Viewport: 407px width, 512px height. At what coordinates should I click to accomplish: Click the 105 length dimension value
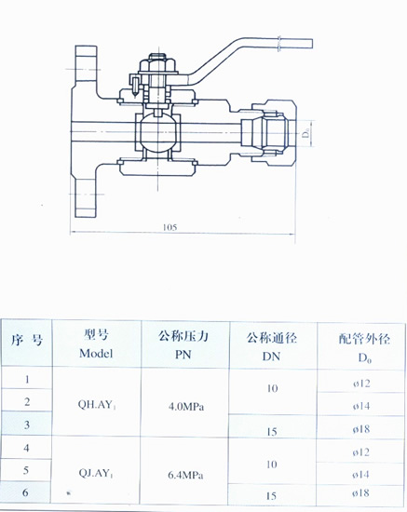coord(170,227)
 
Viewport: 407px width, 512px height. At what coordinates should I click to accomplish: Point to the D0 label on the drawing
coord(305,134)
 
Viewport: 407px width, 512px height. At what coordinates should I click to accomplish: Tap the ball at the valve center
coord(158,132)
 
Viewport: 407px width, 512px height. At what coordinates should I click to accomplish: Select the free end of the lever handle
coord(312,44)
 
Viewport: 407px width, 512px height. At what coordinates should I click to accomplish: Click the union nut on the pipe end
coord(274,132)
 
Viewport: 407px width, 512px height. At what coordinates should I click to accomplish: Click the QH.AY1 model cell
coord(97,405)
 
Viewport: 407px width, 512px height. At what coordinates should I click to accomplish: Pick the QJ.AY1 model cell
coord(96,473)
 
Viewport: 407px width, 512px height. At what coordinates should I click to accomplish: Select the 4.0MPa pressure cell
coord(186,407)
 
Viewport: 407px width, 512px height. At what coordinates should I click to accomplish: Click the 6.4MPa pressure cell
coord(185,475)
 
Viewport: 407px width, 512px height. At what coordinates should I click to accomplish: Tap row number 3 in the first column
coord(27,424)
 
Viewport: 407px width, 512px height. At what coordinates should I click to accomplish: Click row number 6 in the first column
coord(25,492)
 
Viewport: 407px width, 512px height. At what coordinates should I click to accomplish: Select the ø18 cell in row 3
coord(361,429)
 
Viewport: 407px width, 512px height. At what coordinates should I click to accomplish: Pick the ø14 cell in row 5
coord(360,475)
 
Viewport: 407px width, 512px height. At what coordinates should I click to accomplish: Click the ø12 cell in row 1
coord(361,383)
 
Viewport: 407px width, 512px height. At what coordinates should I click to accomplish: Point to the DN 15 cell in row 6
coord(271,496)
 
